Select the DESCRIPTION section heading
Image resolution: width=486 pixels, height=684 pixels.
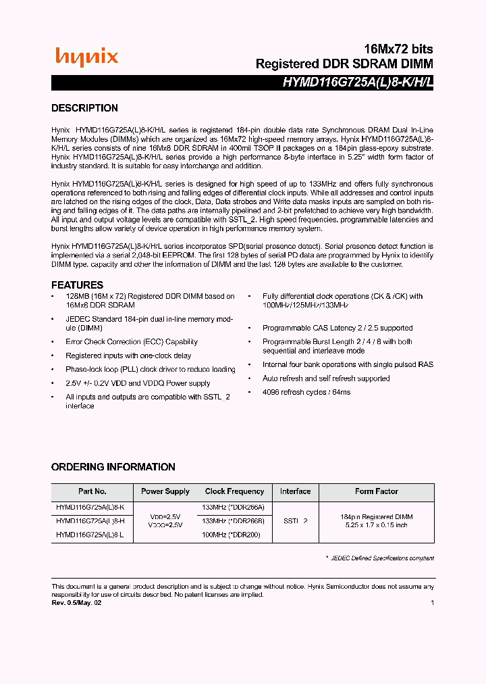(x=84, y=108)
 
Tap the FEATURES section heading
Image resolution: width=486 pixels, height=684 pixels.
(x=77, y=285)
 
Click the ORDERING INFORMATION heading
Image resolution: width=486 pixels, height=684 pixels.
(x=113, y=467)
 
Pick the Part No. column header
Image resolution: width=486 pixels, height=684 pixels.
(x=92, y=491)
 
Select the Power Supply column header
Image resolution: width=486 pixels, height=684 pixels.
(x=165, y=491)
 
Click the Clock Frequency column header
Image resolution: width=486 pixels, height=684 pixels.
(x=234, y=491)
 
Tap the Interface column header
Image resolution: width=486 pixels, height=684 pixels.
(x=295, y=491)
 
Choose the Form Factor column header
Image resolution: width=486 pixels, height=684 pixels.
(x=376, y=491)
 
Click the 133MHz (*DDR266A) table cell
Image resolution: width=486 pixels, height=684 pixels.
(x=234, y=507)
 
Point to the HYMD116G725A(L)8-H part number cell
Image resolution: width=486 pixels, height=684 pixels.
(x=90, y=521)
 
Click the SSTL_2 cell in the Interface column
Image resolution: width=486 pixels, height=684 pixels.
(x=295, y=521)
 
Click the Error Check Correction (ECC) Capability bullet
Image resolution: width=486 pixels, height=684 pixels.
(x=131, y=342)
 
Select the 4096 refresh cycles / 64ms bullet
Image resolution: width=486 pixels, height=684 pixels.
(x=306, y=392)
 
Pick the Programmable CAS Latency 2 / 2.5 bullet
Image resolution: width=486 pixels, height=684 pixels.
(x=337, y=328)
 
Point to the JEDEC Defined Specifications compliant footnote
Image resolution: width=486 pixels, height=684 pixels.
(x=382, y=558)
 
